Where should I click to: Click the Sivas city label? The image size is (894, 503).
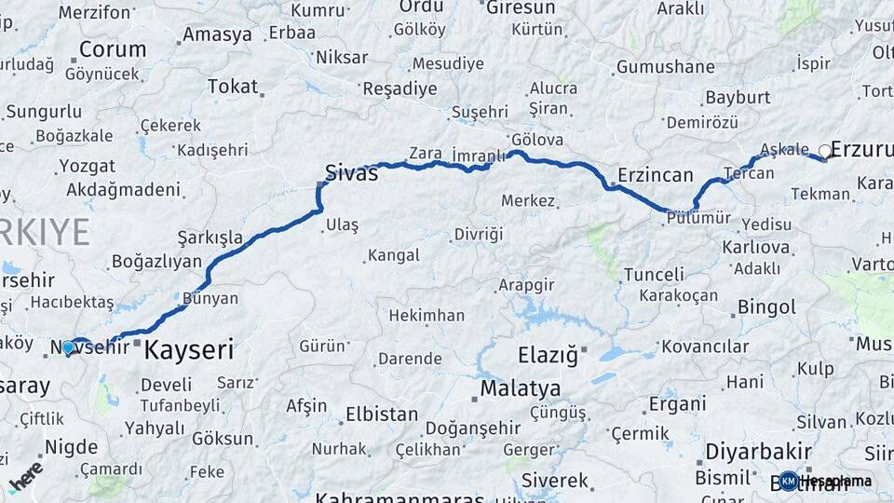[x=351, y=171]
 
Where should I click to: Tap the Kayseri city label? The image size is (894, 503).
[x=189, y=350]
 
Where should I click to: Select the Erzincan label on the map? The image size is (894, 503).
[x=656, y=174]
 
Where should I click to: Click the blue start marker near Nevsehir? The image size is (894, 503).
[x=67, y=348]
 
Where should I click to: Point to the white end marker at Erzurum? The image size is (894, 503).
[x=824, y=151]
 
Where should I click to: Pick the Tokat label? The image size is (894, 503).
[x=233, y=86]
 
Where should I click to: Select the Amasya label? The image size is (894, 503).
[x=217, y=34]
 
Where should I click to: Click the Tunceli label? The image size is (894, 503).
[x=654, y=275]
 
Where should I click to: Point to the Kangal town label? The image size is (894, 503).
[x=393, y=254]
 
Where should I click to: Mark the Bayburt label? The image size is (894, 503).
[x=738, y=97]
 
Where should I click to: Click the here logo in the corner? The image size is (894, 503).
[x=26, y=475]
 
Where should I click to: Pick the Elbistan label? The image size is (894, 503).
[x=382, y=414]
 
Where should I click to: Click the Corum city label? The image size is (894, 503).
[x=113, y=48]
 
